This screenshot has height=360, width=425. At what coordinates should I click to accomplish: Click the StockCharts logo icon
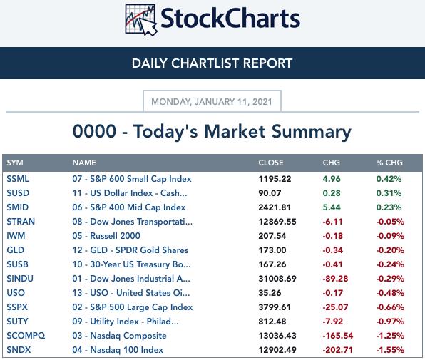pyautogui.click(x=141, y=20)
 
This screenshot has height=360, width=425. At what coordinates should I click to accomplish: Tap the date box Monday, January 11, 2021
pyautogui.click(x=212, y=101)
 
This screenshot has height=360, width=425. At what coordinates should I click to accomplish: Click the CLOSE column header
pyautogui.click(x=271, y=163)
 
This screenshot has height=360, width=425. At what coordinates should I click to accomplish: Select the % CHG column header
pyautogui.click(x=389, y=163)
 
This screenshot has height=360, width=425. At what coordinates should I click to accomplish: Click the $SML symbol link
pyautogui.click(x=18, y=179)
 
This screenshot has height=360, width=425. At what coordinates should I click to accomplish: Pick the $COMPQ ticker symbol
pyautogui.click(x=26, y=336)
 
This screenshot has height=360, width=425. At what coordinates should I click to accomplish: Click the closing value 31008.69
pyautogui.click(x=277, y=279)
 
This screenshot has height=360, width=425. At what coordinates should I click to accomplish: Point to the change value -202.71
pyautogui.click(x=338, y=350)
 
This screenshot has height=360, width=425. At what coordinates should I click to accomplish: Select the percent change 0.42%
pyautogui.click(x=389, y=179)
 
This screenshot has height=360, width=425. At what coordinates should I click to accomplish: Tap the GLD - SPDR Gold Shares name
pyautogui.click(x=130, y=250)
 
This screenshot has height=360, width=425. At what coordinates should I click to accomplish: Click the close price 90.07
pyautogui.click(x=270, y=193)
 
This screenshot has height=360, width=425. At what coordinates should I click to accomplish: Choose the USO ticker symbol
pyautogui.click(x=16, y=293)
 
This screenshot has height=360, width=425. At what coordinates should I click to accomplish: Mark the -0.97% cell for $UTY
pyautogui.click(x=390, y=322)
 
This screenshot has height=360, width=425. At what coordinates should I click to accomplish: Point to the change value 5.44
pyautogui.click(x=332, y=207)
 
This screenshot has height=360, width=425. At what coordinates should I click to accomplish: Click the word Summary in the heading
pyautogui.click(x=311, y=132)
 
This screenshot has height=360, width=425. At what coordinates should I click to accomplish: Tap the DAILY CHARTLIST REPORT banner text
pyautogui.click(x=212, y=63)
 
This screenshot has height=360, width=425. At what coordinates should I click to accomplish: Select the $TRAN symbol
pyautogui.click(x=21, y=222)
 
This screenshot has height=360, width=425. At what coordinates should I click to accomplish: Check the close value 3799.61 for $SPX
pyautogui.click(x=275, y=307)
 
